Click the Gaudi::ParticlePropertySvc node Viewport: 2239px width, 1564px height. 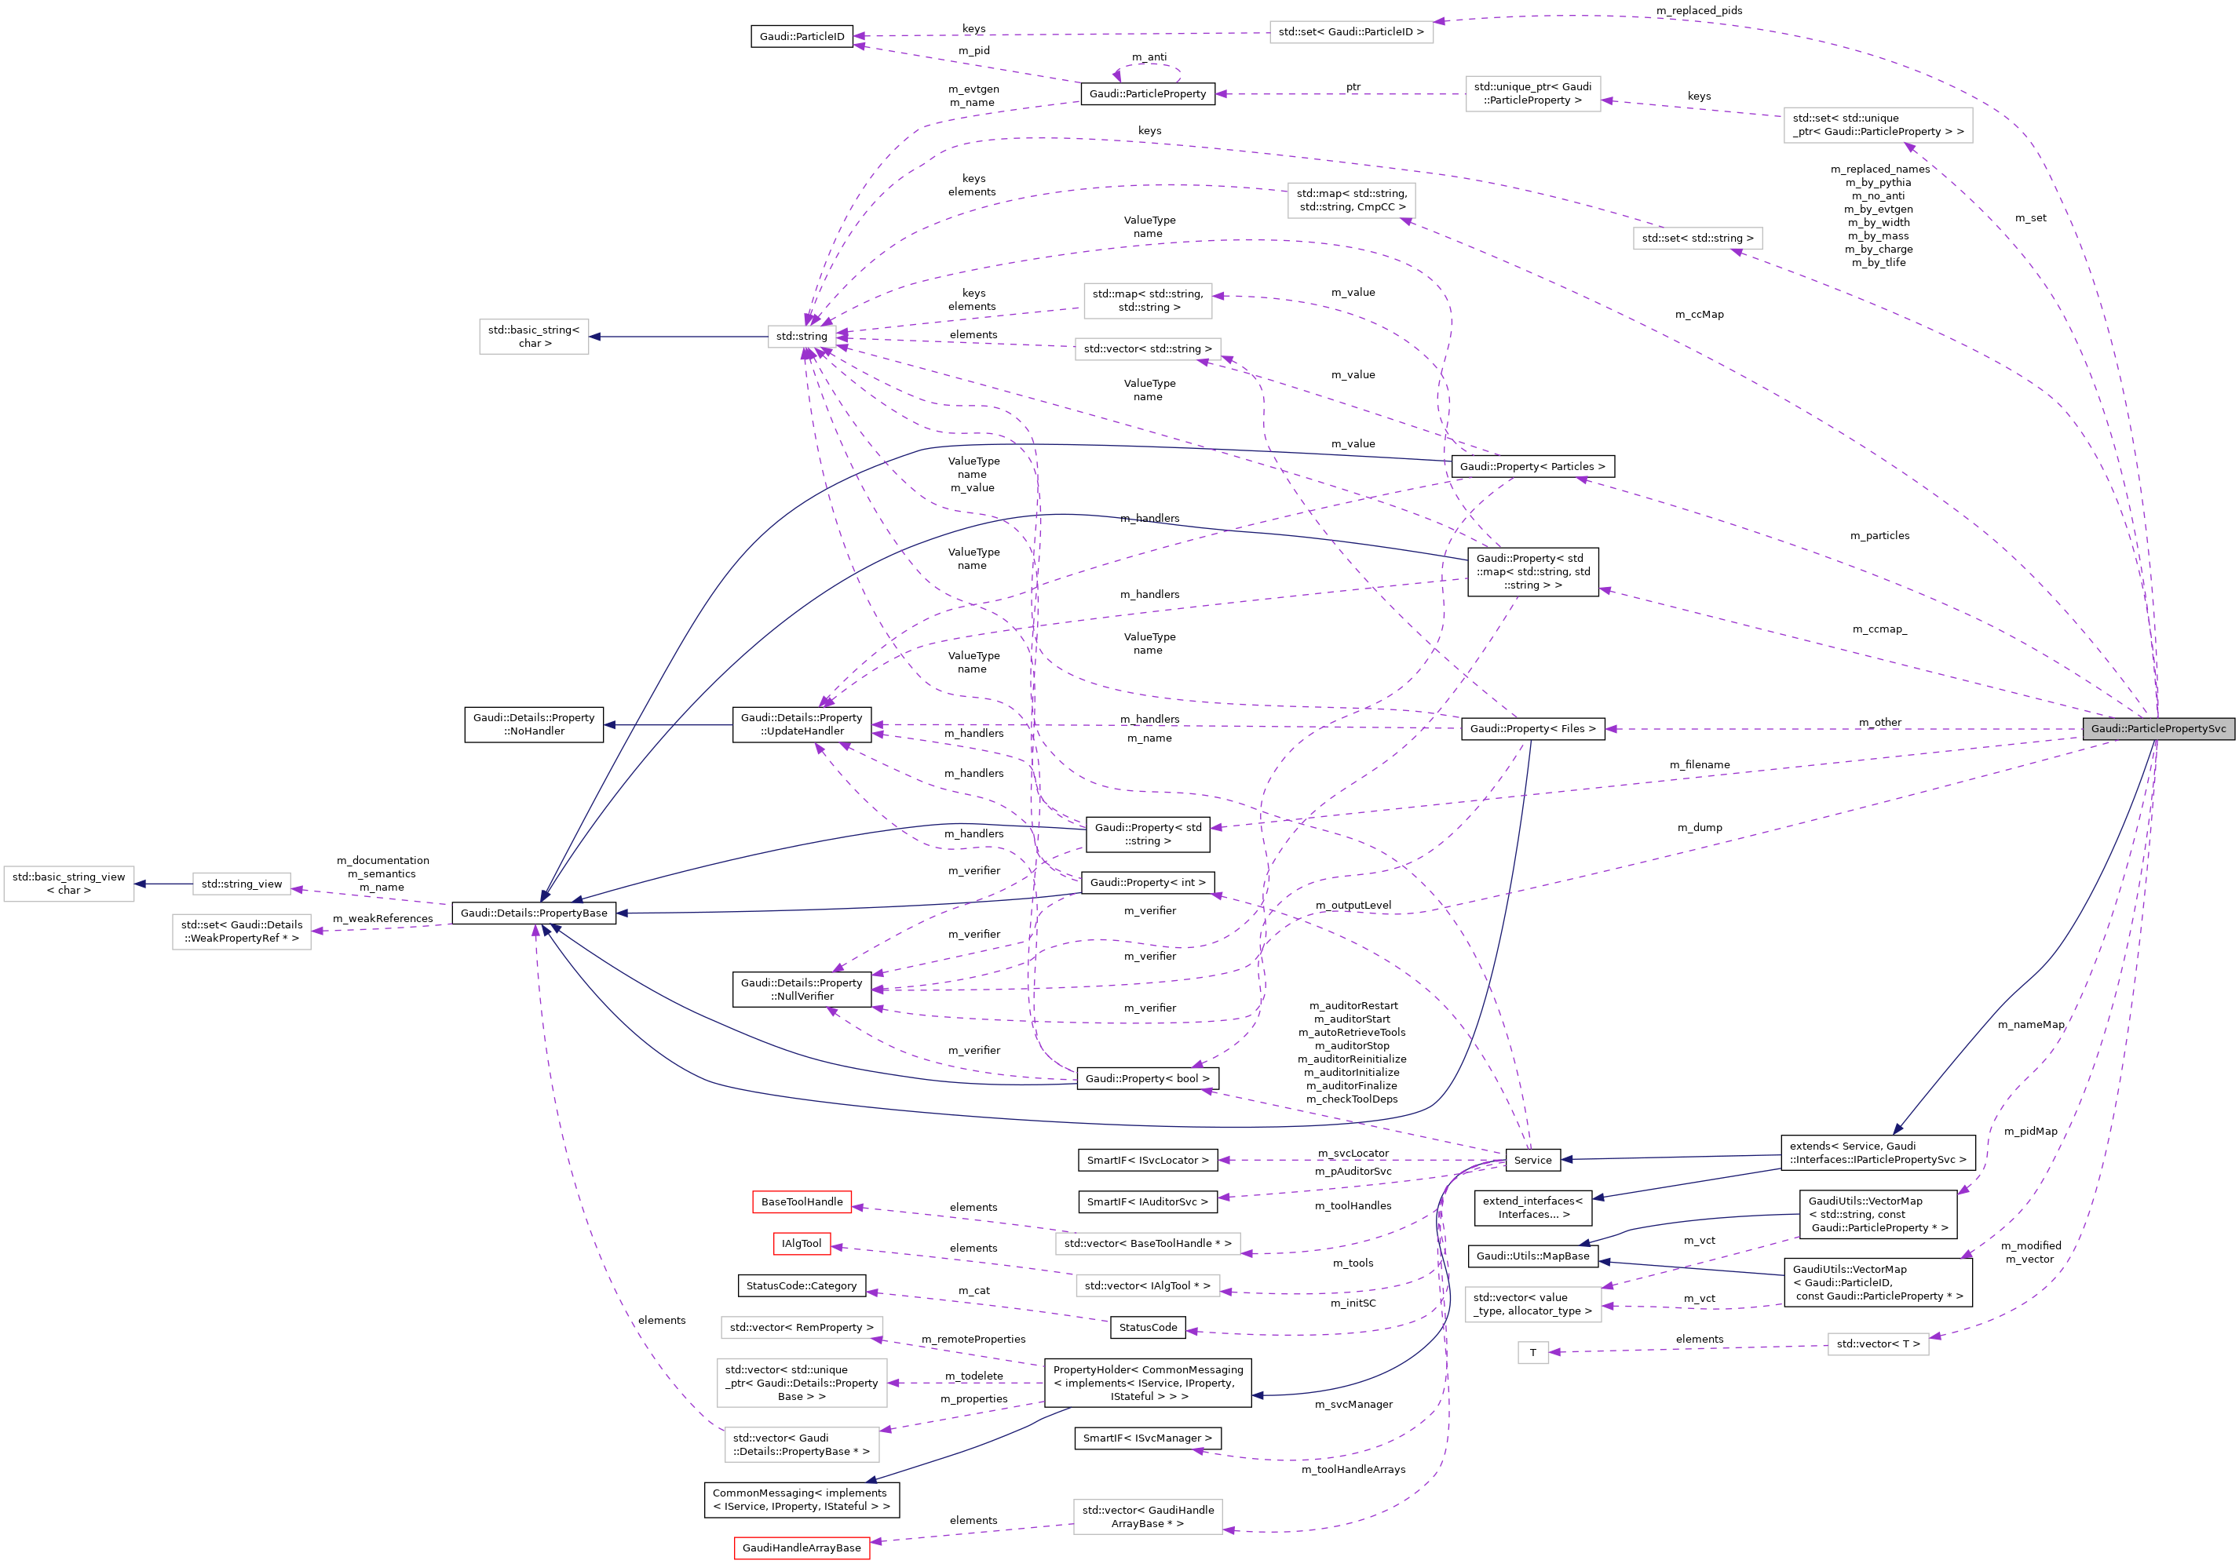[x=2158, y=728]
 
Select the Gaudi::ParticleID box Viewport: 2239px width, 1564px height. [x=802, y=36]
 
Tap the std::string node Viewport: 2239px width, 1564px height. [x=802, y=337]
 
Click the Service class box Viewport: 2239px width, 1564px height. [x=1532, y=1159]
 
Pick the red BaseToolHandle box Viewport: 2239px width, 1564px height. [x=802, y=1201]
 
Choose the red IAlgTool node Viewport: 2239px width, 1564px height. [x=801, y=1243]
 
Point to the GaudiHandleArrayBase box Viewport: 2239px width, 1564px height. [x=801, y=1548]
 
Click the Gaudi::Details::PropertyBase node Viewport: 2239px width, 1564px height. [x=533, y=913]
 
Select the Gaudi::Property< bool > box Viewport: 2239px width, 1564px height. [x=1147, y=1078]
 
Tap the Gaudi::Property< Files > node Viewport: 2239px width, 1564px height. [x=1532, y=728]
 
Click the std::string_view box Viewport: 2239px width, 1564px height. [x=241, y=884]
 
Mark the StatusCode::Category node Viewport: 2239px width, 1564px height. [x=801, y=1285]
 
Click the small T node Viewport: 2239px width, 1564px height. [x=1532, y=1352]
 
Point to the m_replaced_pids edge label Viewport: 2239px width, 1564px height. [x=1699, y=11]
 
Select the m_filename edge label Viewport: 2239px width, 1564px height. [x=1699, y=764]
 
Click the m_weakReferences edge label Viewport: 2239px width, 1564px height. [x=382, y=918]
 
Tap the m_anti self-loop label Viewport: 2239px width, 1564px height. [x=1149, y=57]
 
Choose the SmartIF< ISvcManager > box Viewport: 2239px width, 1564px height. [x=1147, y=1437]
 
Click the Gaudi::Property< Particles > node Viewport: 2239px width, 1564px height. [x=1532, y=466]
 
